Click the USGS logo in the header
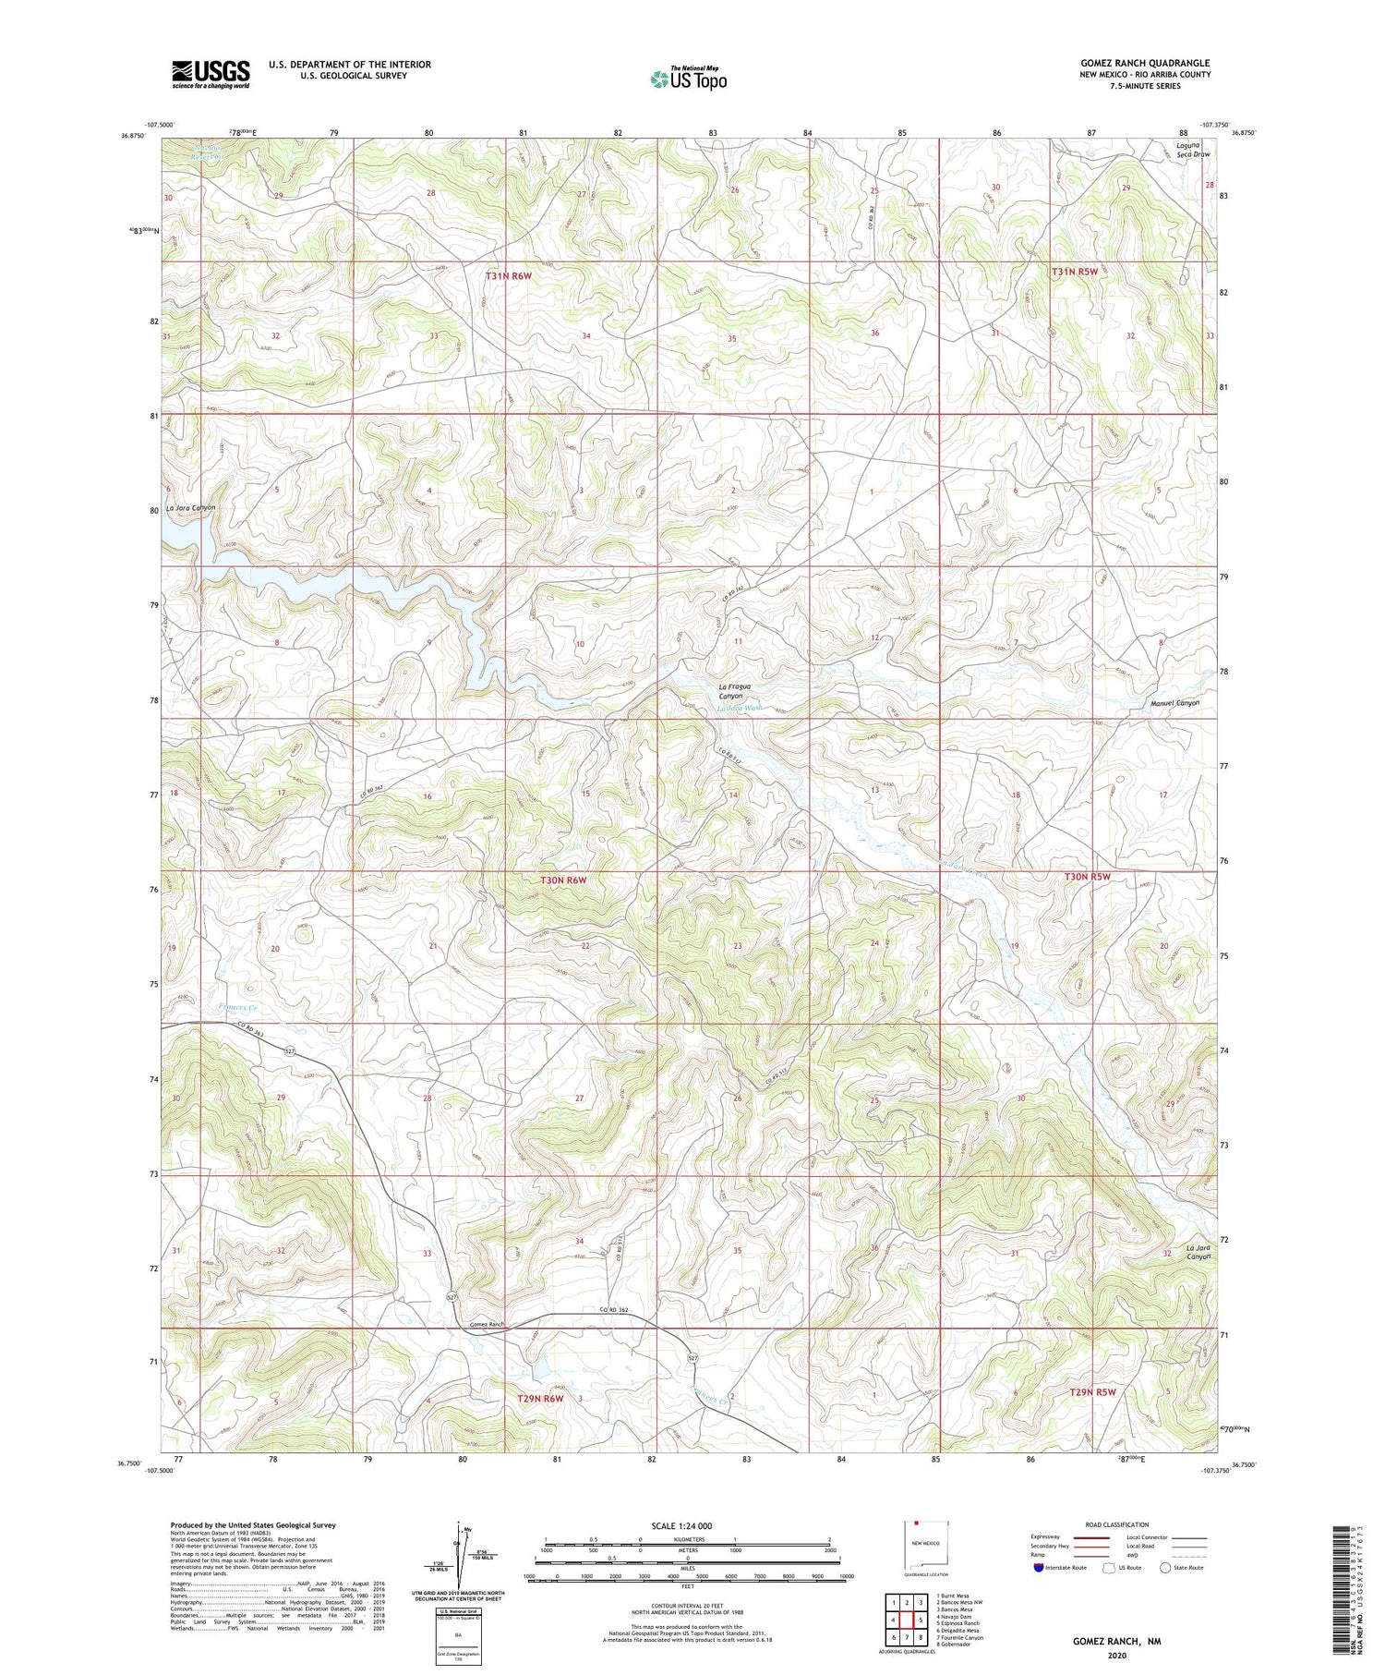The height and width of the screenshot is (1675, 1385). click(x=211, y=73)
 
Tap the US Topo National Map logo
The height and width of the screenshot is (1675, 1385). click(x=688, y=79)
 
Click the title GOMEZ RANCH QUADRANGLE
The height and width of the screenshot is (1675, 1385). click(x=1145, y=63)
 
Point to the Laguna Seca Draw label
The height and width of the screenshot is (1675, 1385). click(x=1192, y=150)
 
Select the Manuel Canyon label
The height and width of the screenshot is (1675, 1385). click(x=1174, y=703)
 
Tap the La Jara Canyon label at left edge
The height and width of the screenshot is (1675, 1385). click(x=191, y=508)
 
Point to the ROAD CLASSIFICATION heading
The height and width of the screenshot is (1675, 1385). click(x=1117, y=1524)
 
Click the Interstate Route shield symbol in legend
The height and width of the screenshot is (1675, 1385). click(x=1039, y=1567)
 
